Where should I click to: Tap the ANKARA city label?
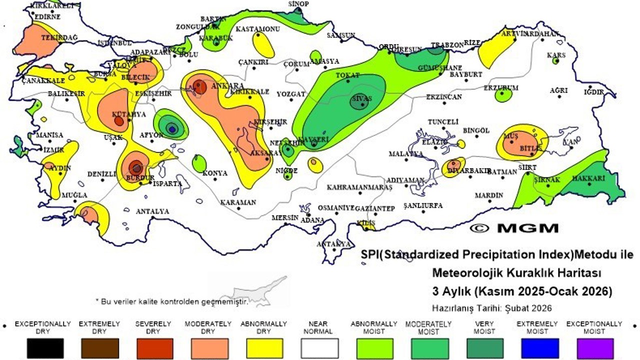227,86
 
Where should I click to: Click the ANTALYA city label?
152,211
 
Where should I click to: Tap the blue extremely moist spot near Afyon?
172,129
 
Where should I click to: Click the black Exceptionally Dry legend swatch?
45,348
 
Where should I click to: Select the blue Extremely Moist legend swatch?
539,348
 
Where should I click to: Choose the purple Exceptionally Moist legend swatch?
594,348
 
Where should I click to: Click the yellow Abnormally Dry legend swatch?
264,348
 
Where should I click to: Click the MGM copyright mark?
514,228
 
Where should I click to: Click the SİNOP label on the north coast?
298,3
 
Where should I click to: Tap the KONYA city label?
215,173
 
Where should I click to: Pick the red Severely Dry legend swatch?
154,348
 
